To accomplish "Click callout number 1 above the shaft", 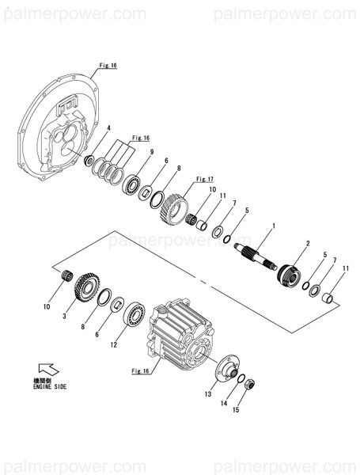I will click(x=273, y=227).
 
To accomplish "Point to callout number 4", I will click(x=108, y=128).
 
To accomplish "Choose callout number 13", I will click(x=209, y=393).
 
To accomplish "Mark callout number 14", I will click(x=225, y=404).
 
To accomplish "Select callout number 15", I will click(x=235, y=410).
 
